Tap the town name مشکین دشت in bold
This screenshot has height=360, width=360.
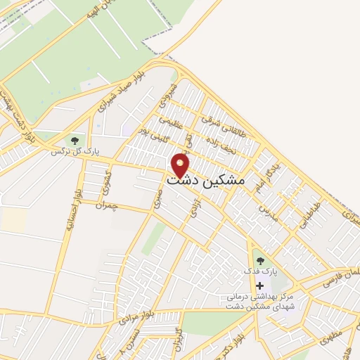tap(207, 180)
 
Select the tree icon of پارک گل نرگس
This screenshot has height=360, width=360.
tap(75, 140)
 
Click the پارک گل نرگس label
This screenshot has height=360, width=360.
tap(75, 151)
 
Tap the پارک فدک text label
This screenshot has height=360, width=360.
tap(261, 271)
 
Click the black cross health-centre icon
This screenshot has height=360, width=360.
tap(260, 285)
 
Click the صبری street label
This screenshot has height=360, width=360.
tap(156, 200)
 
